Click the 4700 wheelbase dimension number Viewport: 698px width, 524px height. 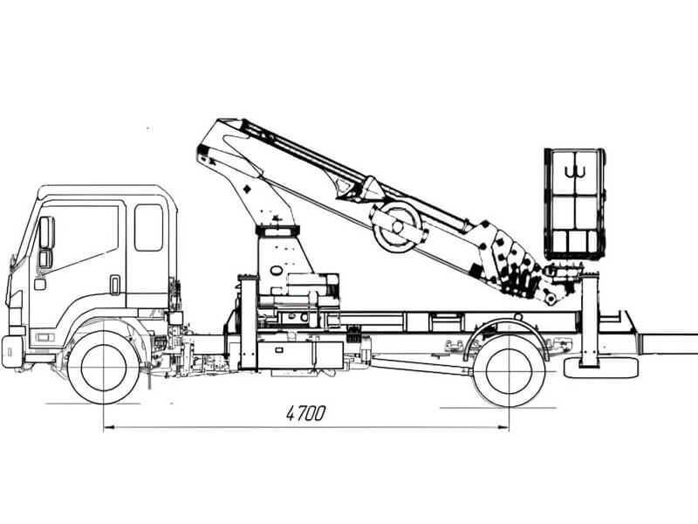coord(305,413)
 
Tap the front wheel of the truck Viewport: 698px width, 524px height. coord(104,368)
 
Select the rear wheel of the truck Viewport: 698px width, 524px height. coord(509,370)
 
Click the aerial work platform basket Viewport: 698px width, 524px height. coord(575,204)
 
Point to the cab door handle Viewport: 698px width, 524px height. coord(115,285)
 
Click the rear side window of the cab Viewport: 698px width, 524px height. coord(148,227)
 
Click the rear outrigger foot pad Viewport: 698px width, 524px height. coord(600,367)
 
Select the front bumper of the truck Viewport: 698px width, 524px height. coord(12,351)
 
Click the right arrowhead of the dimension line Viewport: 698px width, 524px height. coord(503,427)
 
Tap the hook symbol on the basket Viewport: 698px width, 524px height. coord(575,171)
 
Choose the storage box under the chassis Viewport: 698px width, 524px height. coord(300,355)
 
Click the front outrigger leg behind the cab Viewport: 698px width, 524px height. coord(249,322)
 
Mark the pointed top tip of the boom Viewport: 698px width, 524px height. coord(218,120)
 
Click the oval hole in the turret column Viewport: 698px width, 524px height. coord(276,270)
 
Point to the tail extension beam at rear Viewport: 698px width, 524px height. coord(667,343)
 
